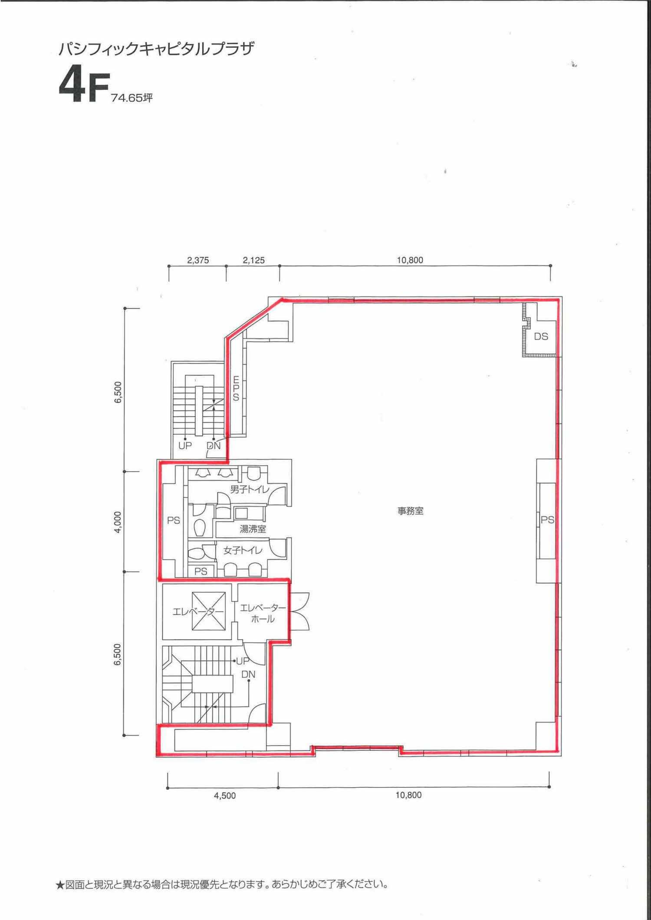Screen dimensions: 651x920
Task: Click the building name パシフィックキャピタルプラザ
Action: pos(156,49)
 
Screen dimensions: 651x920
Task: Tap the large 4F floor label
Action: pos(83,88)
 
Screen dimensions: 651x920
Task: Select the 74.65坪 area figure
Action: pos(132,98)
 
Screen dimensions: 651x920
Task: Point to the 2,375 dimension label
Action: pos(198,260)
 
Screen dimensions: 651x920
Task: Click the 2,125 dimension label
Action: pos(253,260)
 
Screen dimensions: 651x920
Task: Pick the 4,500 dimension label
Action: pos(225,795)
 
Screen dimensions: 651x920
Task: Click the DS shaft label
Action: pos(541,336)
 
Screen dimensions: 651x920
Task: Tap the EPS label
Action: pos(236,389)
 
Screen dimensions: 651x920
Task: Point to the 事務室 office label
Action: pos(411,511)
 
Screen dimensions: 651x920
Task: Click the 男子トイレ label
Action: pos(250,490)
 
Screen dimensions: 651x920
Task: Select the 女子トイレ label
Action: pos(243,550)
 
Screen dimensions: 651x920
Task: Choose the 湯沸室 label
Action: pos(253,529)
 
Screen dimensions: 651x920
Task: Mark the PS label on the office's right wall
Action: pos(547,519)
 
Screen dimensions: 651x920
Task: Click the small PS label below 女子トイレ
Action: pos(201,572)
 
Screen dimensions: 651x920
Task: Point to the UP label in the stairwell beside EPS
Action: pos(185,446)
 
